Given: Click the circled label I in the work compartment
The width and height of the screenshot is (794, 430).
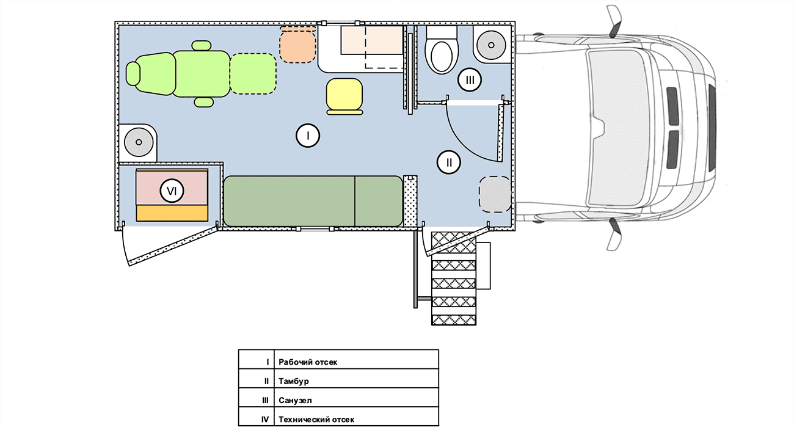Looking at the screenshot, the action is pyautogui.click(x=308, y=136).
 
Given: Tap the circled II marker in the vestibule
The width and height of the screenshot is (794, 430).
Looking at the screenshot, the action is pyautogui.click(x=449, y=162).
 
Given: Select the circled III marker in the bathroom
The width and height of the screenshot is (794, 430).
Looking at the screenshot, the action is pyautogui.click(x=469, y=80).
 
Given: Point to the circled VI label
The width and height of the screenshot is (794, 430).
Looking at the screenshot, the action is pyautogui.click(x=172, y=191).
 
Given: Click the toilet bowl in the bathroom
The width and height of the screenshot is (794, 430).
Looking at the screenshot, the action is pyautogui.click(x=442, y=57).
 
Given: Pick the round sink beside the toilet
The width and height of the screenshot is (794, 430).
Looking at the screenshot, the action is pyautogui.click(x=491, y=45).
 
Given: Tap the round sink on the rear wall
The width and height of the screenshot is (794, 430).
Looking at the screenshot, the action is pyautogui.click(x=139, y=142).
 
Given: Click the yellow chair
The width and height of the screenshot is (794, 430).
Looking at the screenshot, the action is pyautogui.click(x=344, y=97).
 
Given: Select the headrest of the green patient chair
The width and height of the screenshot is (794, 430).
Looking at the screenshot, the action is pyautogui.click(x=134, y=74).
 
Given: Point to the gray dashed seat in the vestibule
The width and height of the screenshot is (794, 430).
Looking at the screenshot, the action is pyautogui.click(x=495, y=194).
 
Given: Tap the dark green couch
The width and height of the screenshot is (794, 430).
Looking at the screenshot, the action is pyautogui.click(x=313, y=201).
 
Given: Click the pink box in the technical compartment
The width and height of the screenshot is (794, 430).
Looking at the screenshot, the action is pyautogui.click(x=172, y=187).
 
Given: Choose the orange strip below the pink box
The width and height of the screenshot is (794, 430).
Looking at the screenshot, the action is pyautogui.click(x=172, y=213).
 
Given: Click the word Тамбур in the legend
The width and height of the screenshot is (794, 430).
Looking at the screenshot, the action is pyautogui.click(x=294, y=381).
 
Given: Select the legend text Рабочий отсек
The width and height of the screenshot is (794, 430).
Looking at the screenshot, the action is pyautogui.click(x=308, y=362).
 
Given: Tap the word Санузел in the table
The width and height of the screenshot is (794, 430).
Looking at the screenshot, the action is pyautogui.click(x=295, y=400).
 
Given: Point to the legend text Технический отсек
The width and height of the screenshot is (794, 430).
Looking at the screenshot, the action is pyautogui.click(x=316, y=420).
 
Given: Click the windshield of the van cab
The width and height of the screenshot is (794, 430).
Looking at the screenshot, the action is pyautogui.click(x=619, y=128).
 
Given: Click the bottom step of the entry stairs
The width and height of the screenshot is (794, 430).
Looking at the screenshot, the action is pyautogui.click(x=454, y=320).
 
